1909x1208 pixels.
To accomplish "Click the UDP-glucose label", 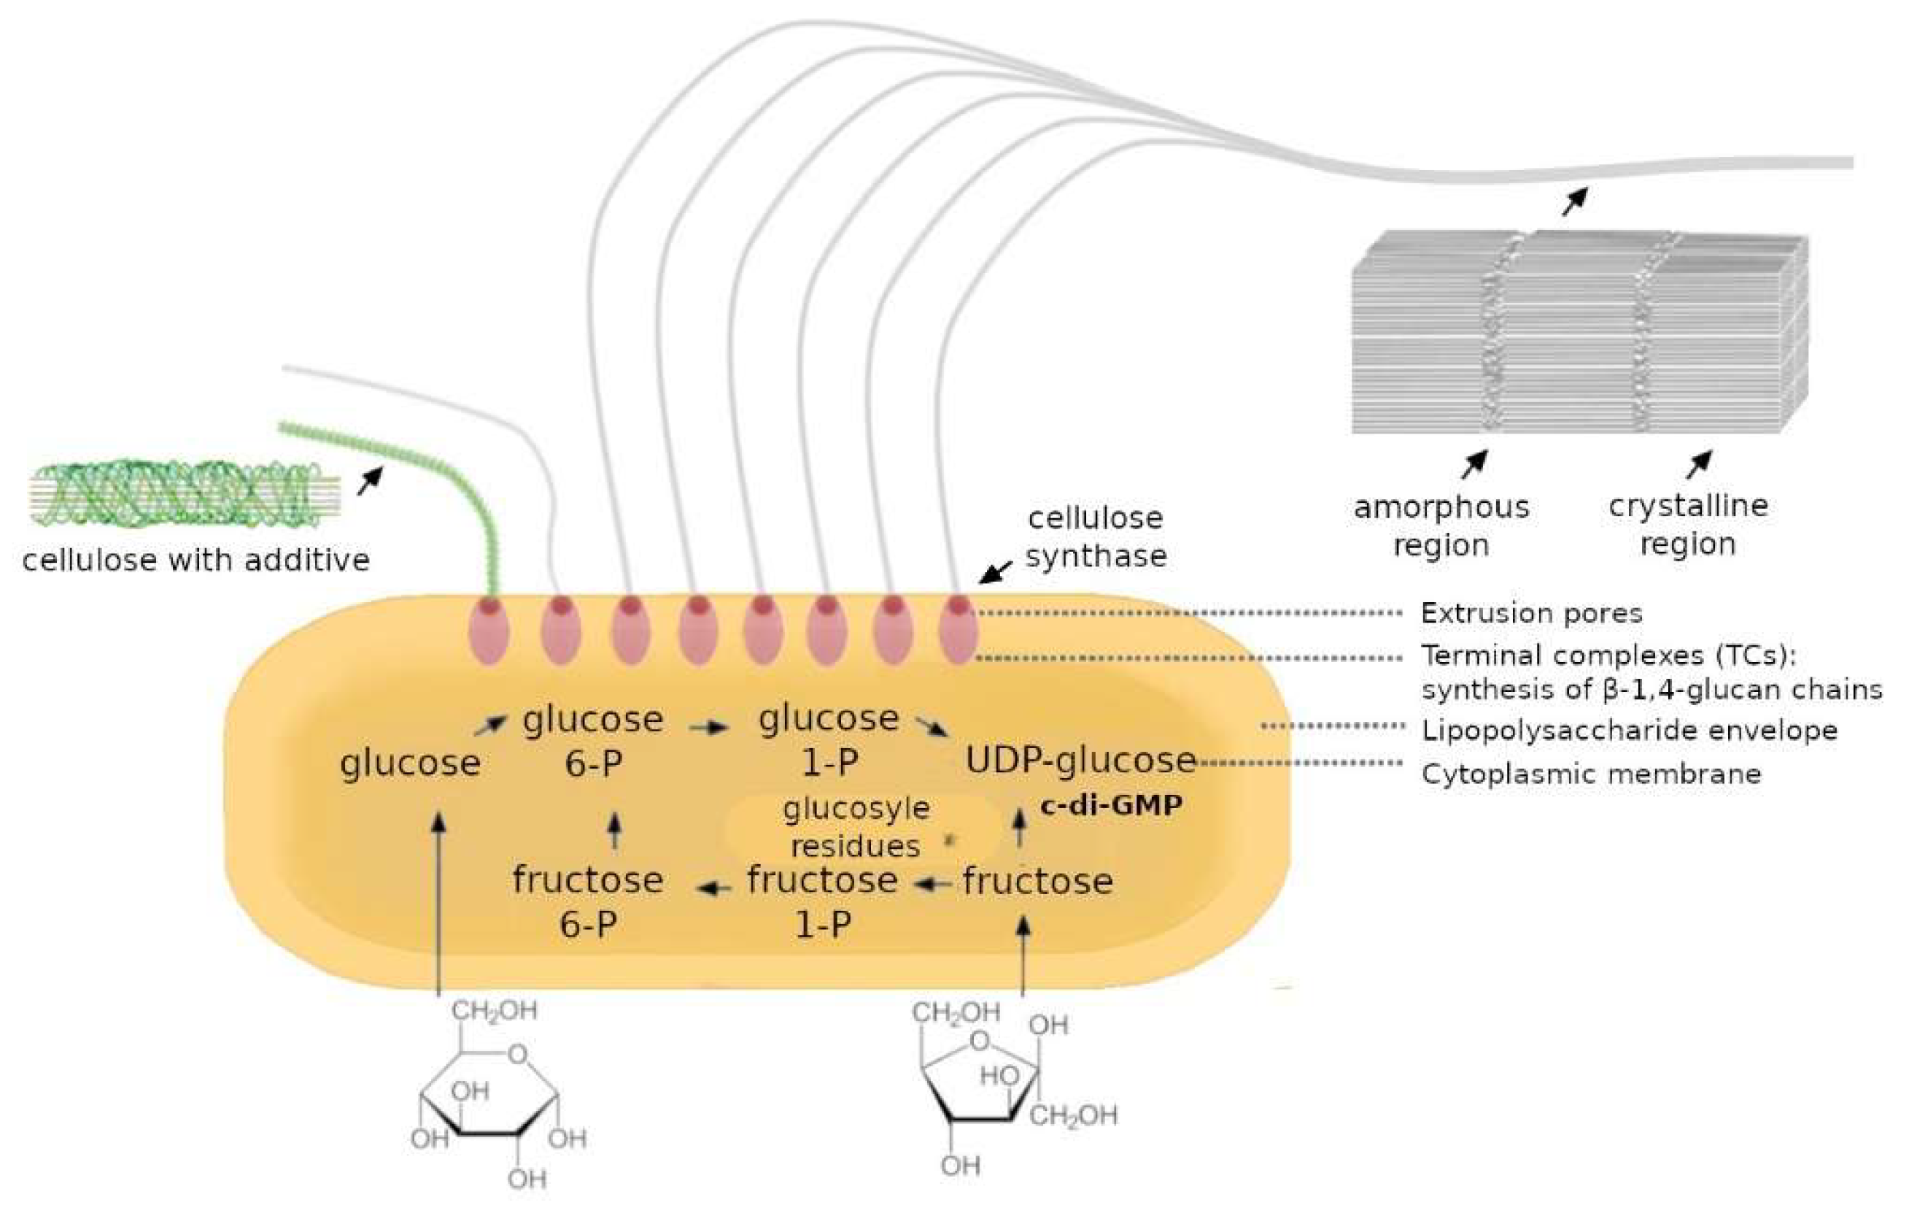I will tap(1080, 761).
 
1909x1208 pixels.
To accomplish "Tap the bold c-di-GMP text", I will tap(1111, 805).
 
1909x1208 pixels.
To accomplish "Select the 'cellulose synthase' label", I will tap(1096, 537).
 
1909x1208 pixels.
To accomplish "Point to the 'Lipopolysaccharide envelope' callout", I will tap(1629, 731).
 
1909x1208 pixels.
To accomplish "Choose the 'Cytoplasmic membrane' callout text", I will tap(1591, 774).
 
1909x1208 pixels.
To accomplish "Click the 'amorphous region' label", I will tap(1441, 526).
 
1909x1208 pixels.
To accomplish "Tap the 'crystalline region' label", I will tap(1688, 524).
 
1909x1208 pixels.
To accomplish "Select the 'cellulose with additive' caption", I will tap(195, 561).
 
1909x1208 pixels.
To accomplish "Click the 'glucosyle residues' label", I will tap(856, 827).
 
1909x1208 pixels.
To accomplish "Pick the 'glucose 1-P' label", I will tap(829, 740).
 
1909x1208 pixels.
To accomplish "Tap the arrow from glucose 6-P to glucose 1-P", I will tap(708, 726).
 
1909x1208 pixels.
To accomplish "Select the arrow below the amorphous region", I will tap(1474, 465).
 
